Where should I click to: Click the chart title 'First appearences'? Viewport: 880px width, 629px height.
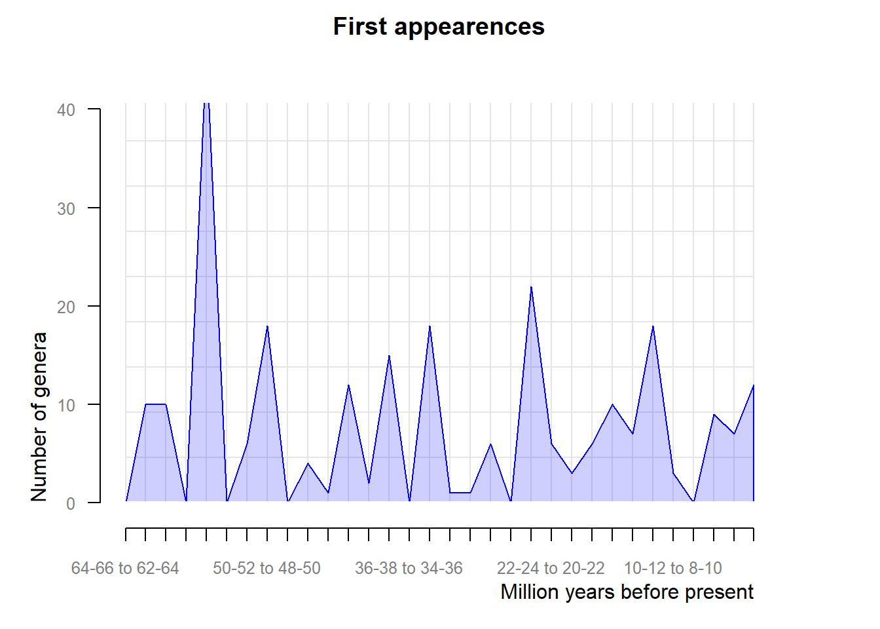(439, 27)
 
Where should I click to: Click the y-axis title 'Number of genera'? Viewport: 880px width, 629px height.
(39, 417)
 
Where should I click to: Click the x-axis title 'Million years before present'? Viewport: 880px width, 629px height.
(627, 592)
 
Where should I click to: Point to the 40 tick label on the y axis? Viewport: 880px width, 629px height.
(66, 110)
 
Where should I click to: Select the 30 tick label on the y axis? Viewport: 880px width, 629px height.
(66, 209)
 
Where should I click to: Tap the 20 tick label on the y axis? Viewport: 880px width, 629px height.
(66, 307)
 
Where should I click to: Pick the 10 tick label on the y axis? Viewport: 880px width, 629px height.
(66, 406)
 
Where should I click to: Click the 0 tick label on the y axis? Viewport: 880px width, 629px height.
(71, 504)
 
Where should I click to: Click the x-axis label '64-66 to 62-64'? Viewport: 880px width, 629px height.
(125, 568)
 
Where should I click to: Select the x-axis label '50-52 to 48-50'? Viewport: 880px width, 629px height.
(266, 568)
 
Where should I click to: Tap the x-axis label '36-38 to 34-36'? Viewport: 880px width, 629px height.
(409, 568)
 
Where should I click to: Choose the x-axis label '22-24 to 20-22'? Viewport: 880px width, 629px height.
(551, 568)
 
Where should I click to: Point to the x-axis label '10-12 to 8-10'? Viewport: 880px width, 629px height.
(672, 568)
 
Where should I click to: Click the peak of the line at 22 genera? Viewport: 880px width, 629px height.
(531, 286)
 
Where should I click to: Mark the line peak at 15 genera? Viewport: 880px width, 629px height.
(389, 355)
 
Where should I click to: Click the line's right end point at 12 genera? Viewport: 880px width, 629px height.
(754, 385)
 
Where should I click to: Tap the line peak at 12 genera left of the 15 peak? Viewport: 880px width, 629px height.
(348, 385)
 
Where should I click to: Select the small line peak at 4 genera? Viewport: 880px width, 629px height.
(308, 463)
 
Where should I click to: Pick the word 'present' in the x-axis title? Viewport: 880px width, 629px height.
(718, 592)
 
